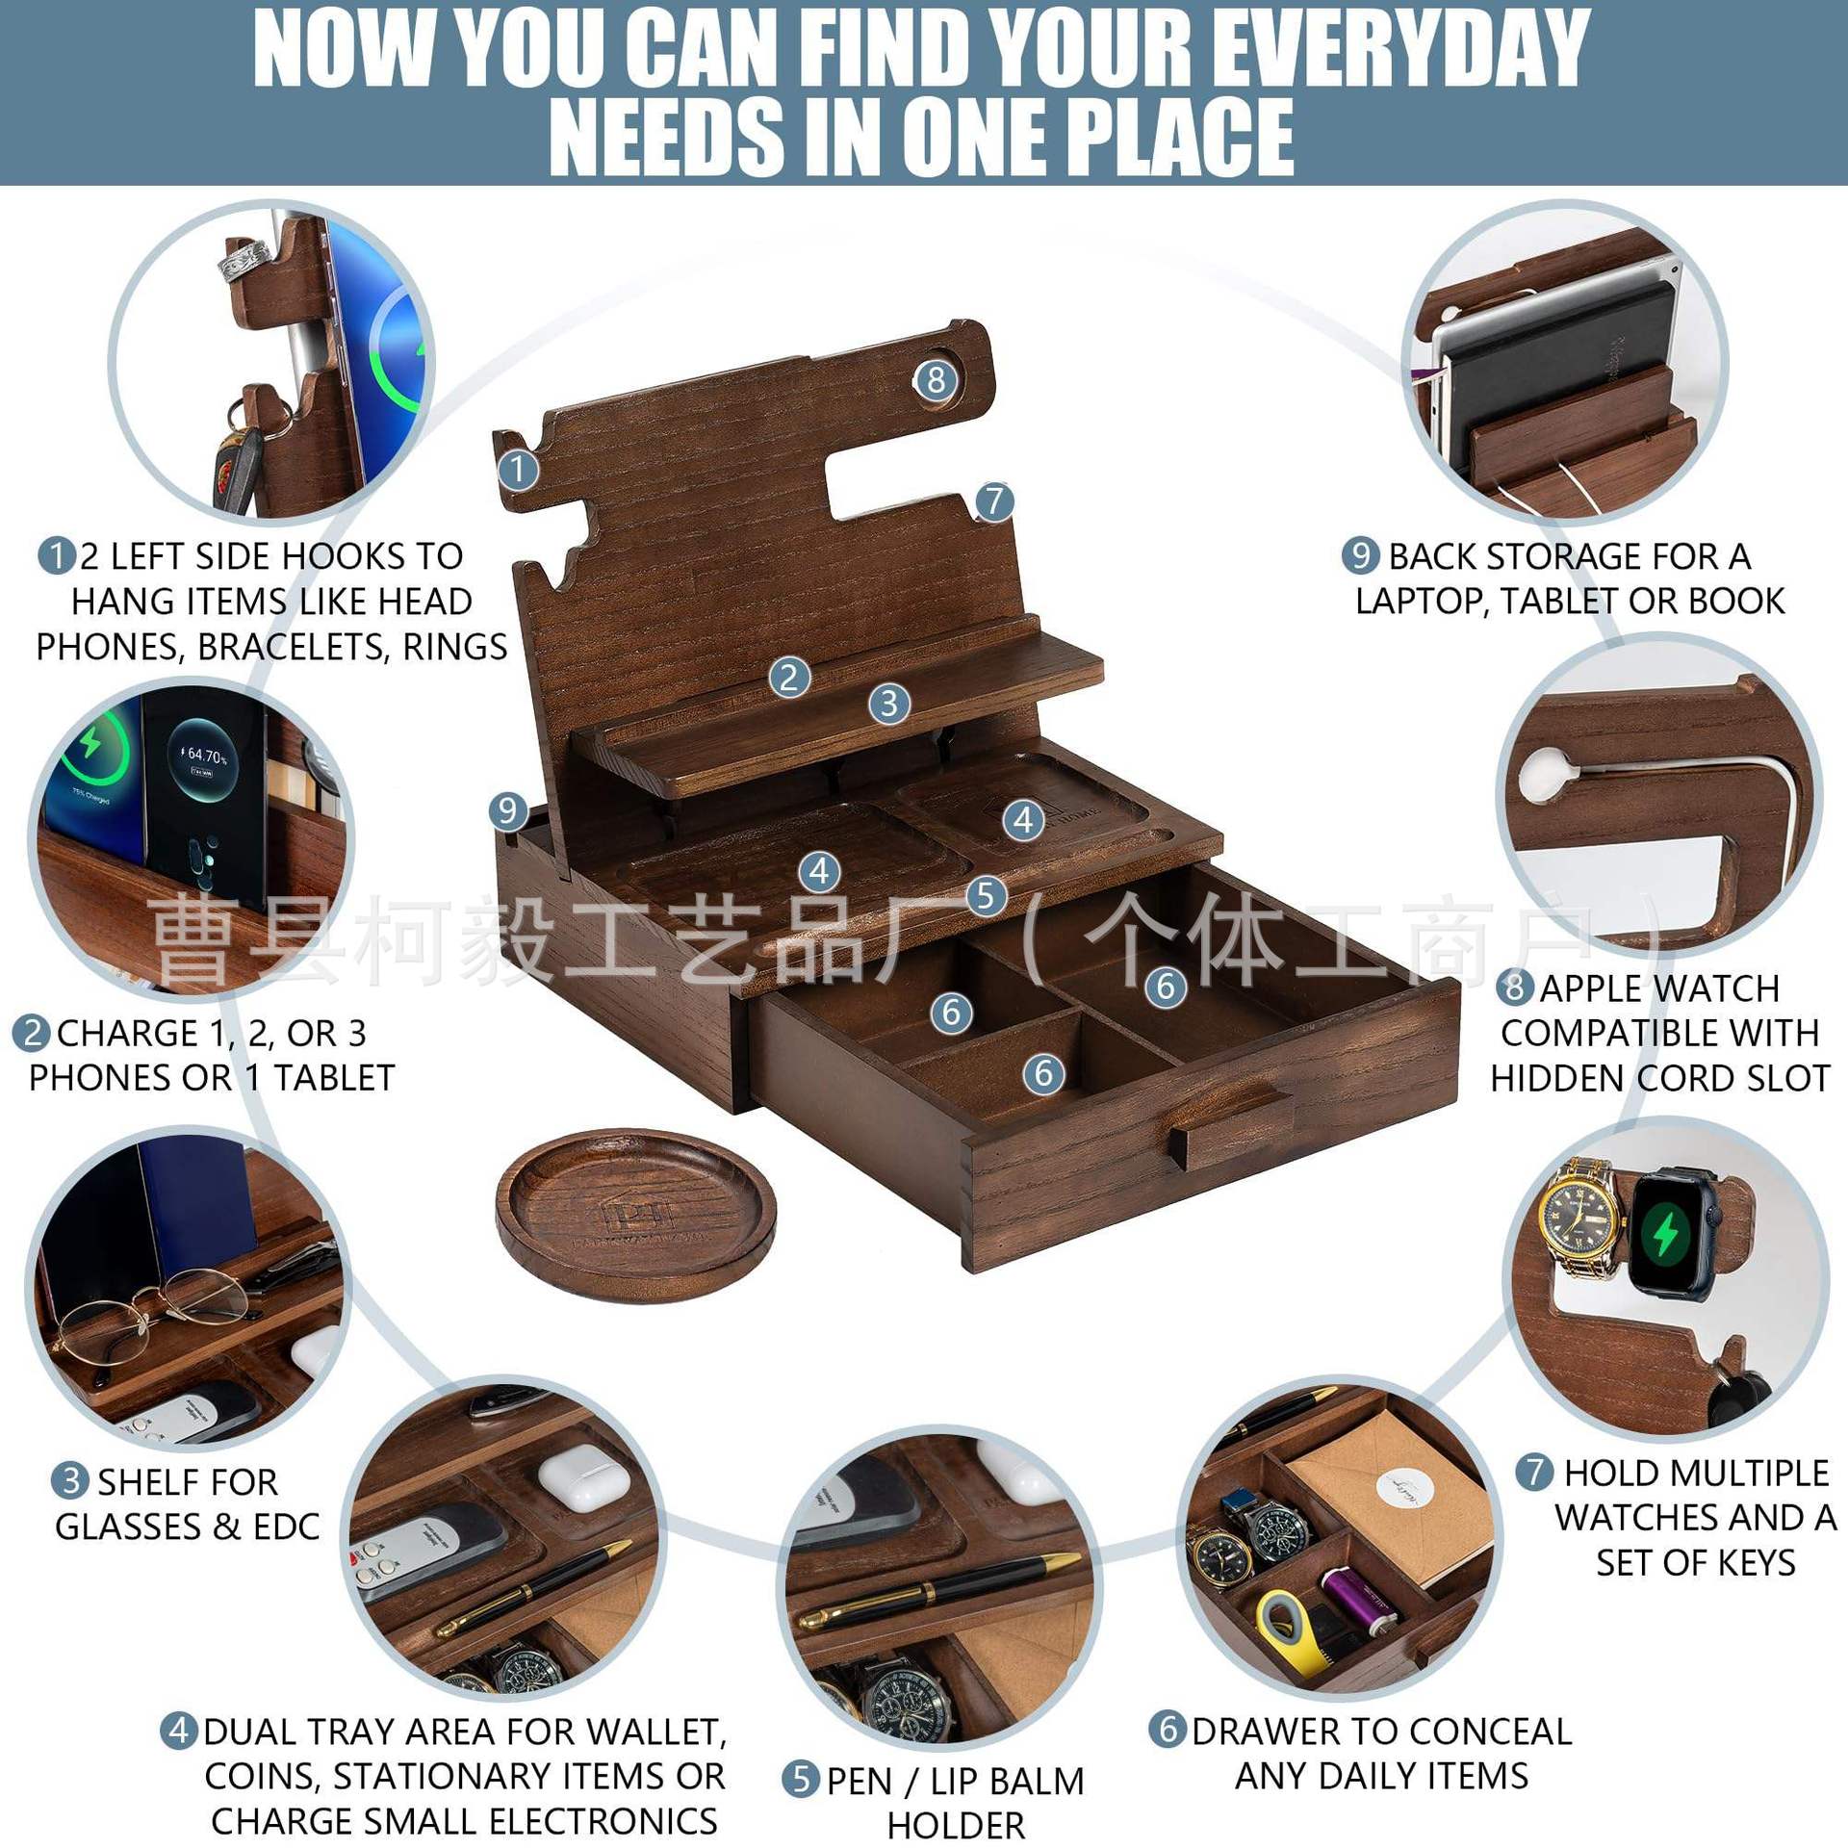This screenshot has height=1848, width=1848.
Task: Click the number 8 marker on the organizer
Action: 936,380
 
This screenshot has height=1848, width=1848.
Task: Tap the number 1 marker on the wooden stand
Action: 519,470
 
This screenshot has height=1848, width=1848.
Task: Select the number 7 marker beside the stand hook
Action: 994,500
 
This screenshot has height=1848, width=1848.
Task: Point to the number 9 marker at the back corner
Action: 507,810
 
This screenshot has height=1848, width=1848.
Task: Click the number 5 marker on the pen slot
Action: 986,896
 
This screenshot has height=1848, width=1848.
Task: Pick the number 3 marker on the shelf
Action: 888,704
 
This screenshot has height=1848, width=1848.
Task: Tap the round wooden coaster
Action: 635,1215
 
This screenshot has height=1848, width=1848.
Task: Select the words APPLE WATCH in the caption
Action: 1659,988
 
